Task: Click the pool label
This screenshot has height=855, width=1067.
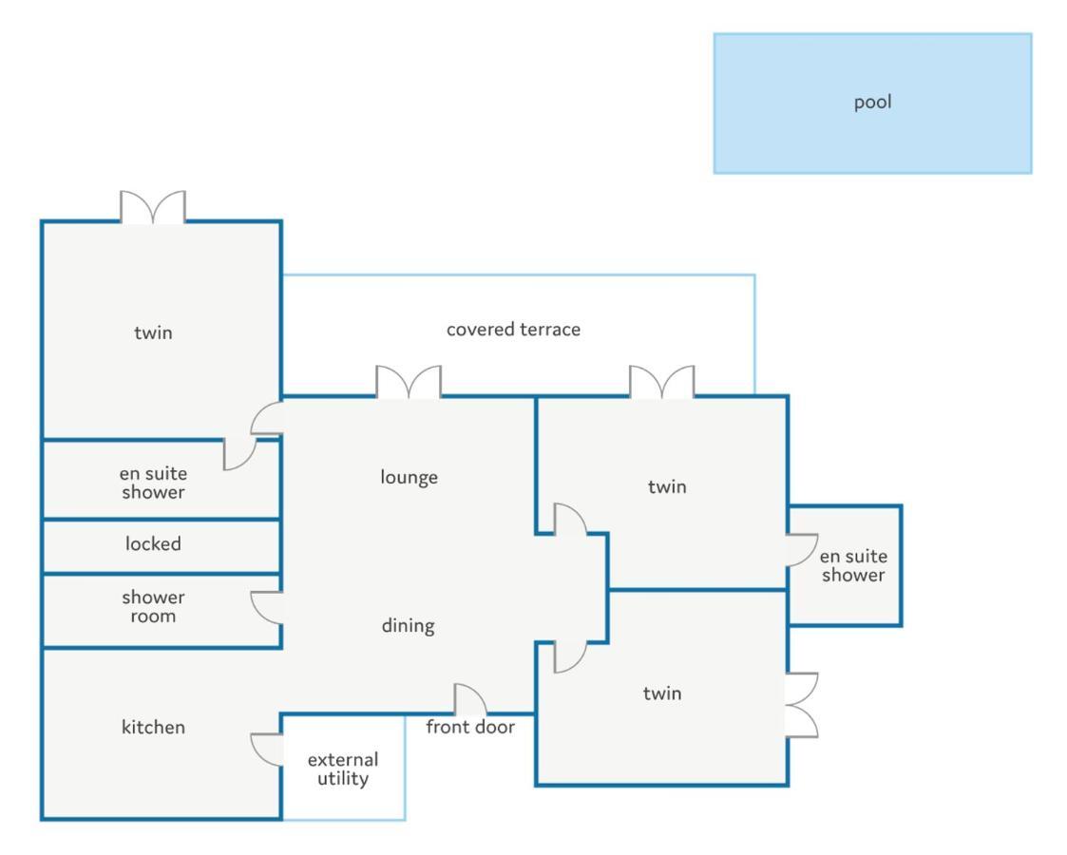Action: tap(872, 103)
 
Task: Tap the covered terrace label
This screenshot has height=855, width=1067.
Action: tap(513, 330)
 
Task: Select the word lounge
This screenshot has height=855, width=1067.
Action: tap(409, 477)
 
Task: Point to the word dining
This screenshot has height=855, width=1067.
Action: tap(408, 626)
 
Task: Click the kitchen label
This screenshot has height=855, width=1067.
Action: tap(153, 728)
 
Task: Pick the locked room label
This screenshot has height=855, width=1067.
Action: tap(153, 544)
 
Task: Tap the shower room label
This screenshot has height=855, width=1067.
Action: tap(153, 606)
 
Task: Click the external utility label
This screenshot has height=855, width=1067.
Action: tap(343, 769)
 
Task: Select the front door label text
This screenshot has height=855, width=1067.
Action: tap(470, 728)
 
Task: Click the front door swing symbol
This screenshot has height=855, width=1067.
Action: tap(470, 700)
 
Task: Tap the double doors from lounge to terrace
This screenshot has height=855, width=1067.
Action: tap(409, 382)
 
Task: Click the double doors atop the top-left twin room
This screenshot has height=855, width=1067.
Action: tap(153, 207)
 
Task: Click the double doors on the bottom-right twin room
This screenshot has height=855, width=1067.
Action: tap(802, 704)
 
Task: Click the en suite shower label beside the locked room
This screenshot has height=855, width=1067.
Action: tap(153, 483)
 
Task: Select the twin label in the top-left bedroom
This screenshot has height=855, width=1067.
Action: tap(153, 332)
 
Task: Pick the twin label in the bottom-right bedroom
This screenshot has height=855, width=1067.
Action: tap(662, 693)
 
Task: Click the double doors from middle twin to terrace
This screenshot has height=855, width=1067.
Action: tap(662, 382)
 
